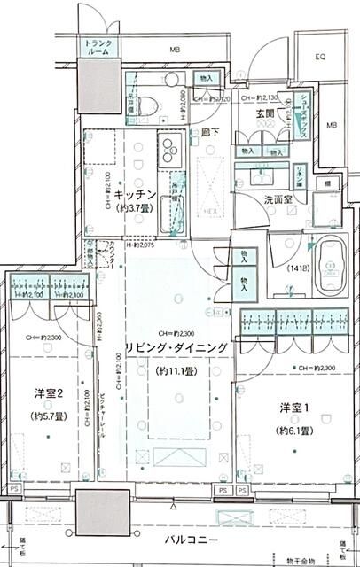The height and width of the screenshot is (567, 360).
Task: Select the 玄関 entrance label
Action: click(266, 115)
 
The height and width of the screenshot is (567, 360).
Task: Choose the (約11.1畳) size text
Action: click(177, 371)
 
